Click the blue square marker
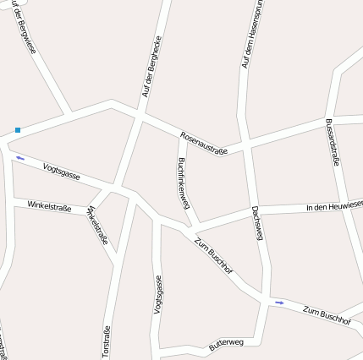(x=17, y=130)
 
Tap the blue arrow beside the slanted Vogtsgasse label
(x=20, y=157)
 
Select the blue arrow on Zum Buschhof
(x=279, y=302)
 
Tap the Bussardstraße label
(x=332, y=143)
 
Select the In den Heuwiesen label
(x=334, y=205)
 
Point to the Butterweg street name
(x=226, y=344)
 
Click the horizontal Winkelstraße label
(x=49, y=205)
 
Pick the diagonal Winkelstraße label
(x=97, y=225)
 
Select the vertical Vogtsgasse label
(x=157, y=295)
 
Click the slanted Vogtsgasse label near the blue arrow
(x=62, y=172)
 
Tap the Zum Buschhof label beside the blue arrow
(x=326, y=316)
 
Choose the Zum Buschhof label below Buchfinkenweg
(x=214, y=259)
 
